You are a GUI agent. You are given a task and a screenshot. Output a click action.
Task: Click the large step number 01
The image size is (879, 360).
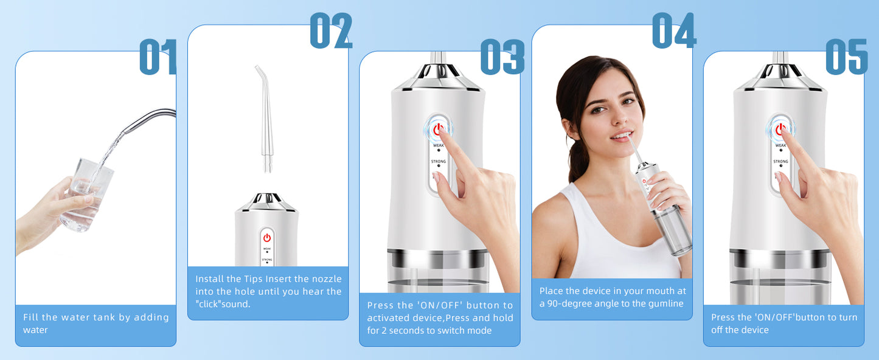pyautogui.click(x=158, y=58)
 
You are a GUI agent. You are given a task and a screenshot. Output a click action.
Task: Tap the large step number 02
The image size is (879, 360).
pyautogui.click(x=331, y=31)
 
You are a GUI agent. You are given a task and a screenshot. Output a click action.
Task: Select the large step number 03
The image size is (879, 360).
pyautogui.click(x=502, y=58)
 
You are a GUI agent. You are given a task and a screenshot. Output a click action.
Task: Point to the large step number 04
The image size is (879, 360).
pyautogui.click(x=673, y=31)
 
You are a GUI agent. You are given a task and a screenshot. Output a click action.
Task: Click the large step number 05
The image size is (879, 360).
pyautogui.click(x=846, y=58)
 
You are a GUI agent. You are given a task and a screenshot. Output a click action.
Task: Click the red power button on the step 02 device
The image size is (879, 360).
pyautogui.click(x=266, y=238)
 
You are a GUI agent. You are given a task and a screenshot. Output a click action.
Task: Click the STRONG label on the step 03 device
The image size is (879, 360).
pyautogui.click(x=439, y=162)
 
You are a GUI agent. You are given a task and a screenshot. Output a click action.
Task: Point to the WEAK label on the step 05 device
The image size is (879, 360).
pyautogui.click(x=780, y=145)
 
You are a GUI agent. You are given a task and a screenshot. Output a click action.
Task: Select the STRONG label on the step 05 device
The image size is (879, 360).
pyautogui.click(x=780, y=162)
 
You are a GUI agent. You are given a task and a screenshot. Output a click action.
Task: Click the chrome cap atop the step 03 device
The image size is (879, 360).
pyautogui.click(x=437, y=76)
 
